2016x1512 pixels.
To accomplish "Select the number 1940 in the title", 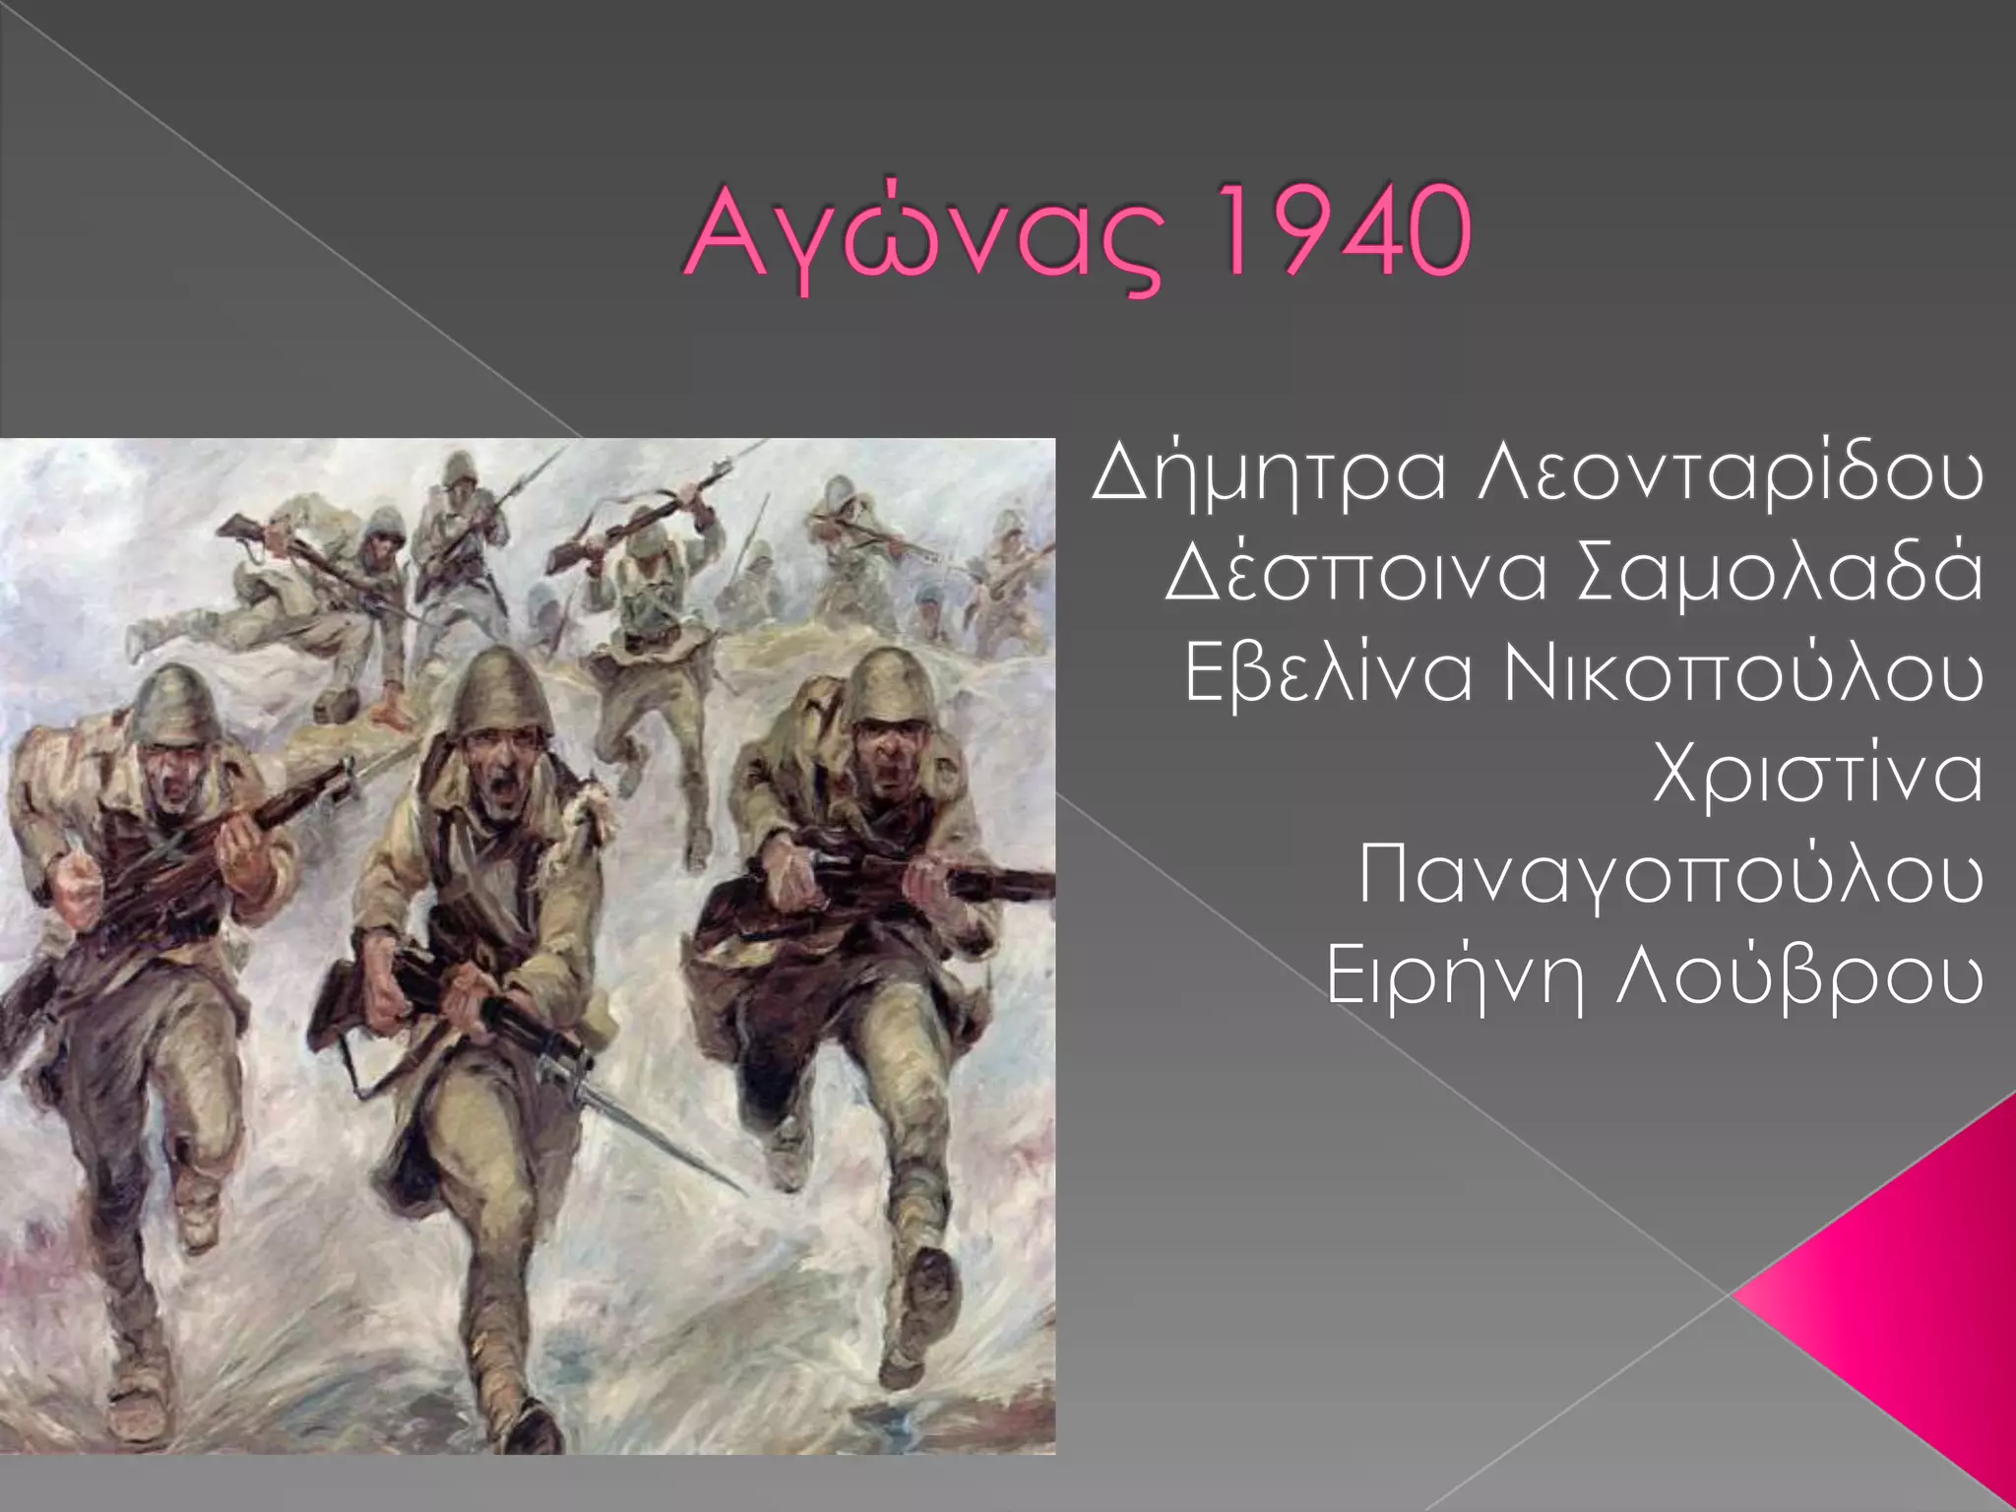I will (x=1344, y=232).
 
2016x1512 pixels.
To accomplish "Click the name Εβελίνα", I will (x=1328, y=674).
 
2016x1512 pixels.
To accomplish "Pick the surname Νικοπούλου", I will (x=1743, y=676).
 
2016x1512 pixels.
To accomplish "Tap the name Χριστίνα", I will (x=1817, y=775).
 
